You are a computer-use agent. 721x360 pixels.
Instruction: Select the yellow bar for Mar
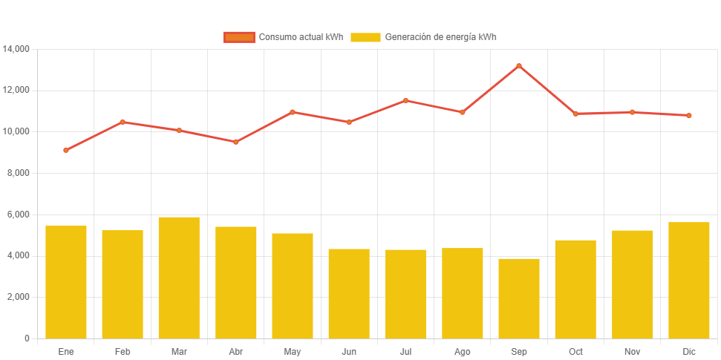179,278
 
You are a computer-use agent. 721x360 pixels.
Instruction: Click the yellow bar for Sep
519,298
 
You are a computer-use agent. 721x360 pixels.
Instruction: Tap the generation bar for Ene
65,282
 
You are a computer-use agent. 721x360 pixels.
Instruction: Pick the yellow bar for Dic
689,280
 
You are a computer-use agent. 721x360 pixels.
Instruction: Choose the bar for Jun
349,293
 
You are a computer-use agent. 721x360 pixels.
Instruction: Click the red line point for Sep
519,66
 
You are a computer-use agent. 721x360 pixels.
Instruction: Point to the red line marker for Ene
65,150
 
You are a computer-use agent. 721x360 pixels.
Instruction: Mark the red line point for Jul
405,100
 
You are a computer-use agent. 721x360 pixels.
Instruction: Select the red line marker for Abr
235,142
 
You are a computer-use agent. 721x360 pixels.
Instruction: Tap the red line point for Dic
689,116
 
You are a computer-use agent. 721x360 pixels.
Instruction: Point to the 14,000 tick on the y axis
16,49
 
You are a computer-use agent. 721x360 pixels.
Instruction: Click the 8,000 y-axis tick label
18,173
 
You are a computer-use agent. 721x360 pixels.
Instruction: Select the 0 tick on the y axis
27,338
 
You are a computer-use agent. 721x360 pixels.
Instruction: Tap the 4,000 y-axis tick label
18,255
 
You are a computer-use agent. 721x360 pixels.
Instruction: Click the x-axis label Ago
462,352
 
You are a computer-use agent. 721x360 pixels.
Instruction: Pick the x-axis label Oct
575,352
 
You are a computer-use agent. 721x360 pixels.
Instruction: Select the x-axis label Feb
123,352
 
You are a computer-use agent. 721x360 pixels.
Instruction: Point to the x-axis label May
292,352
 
